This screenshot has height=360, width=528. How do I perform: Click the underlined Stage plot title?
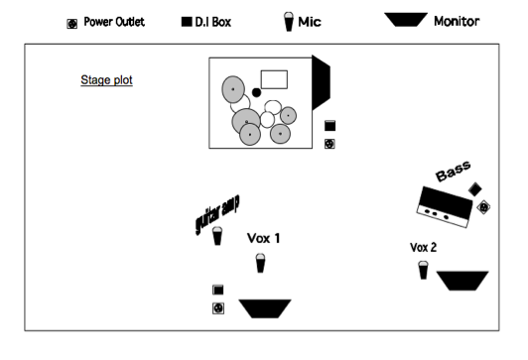[x=106, y=80]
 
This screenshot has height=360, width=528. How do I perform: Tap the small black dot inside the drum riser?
[x=256, y=92]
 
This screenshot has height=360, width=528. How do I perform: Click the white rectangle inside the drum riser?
[x=273, y=79]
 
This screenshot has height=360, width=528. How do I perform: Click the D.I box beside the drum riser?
[x=330, y=126]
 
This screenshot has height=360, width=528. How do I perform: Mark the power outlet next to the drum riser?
[x=330, y=144]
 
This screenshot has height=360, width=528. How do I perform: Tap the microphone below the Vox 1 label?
[x=260, y=262]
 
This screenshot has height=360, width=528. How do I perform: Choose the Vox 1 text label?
[x=263, y=238]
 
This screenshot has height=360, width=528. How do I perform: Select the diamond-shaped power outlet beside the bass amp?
[x=483, y=207]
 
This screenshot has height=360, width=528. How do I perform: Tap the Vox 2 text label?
[x=425, y=247]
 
